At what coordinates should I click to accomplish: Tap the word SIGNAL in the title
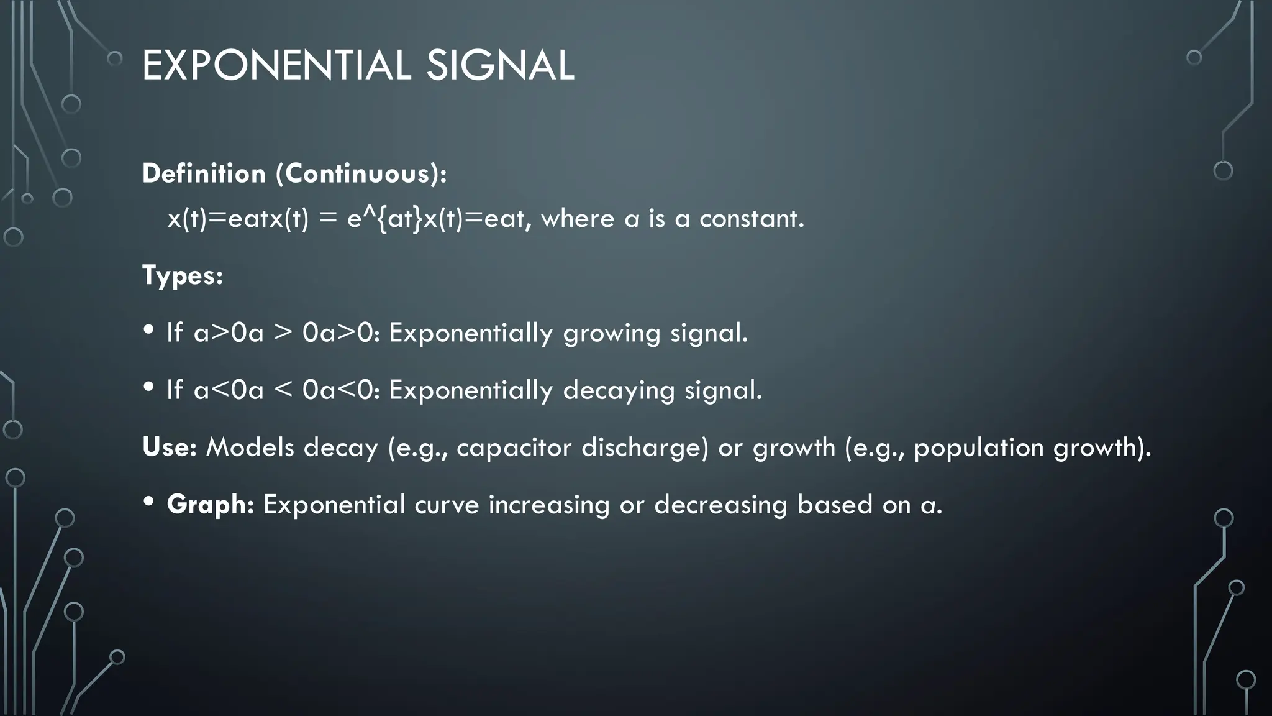coord(500,65)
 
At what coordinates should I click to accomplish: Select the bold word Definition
coord(204,173)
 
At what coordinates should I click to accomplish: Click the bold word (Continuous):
coord(361,173)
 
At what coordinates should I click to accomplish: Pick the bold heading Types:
coord(183,275)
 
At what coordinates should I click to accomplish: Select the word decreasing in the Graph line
coord(720,505)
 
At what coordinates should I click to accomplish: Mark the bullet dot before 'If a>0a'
coord(148,329)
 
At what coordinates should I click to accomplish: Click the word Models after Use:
coord(250,447)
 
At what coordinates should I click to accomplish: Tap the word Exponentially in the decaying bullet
coord(470,390)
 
